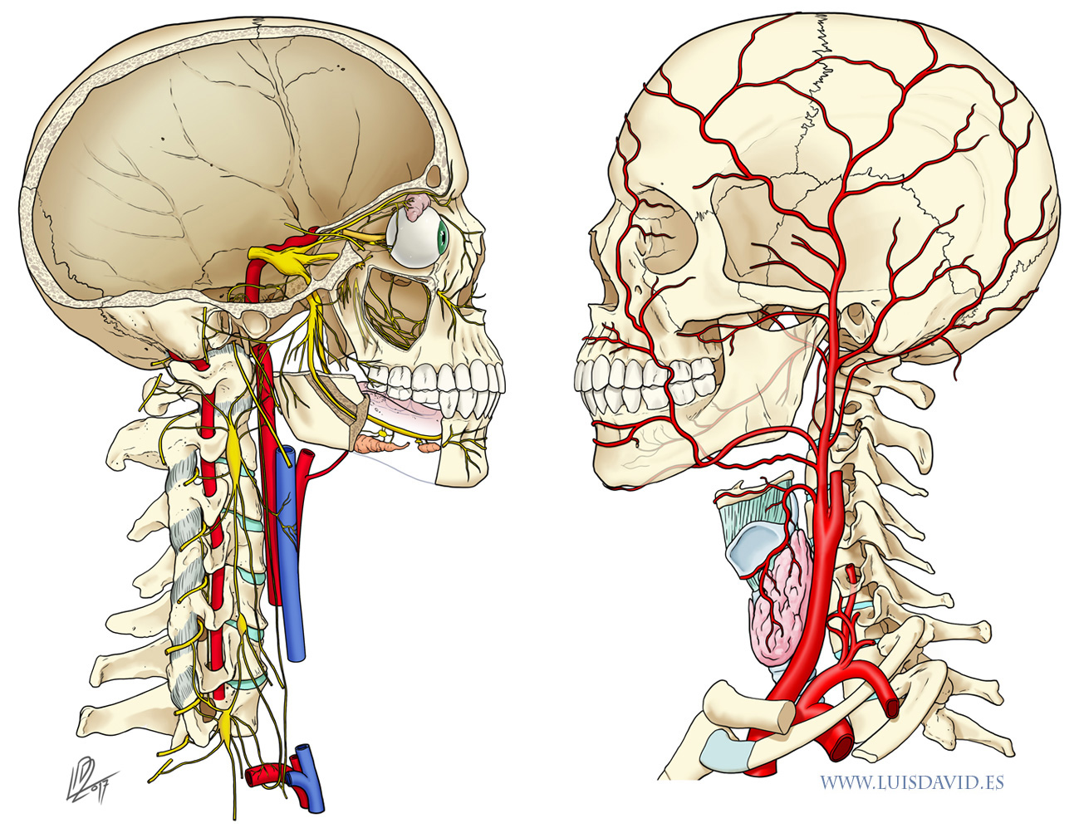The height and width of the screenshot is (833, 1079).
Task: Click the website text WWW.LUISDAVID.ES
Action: pyautogui.click(x=911, y=782)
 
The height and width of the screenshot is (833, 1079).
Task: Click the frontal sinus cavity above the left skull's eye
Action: pyautogui.click(x=433, y=175)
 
